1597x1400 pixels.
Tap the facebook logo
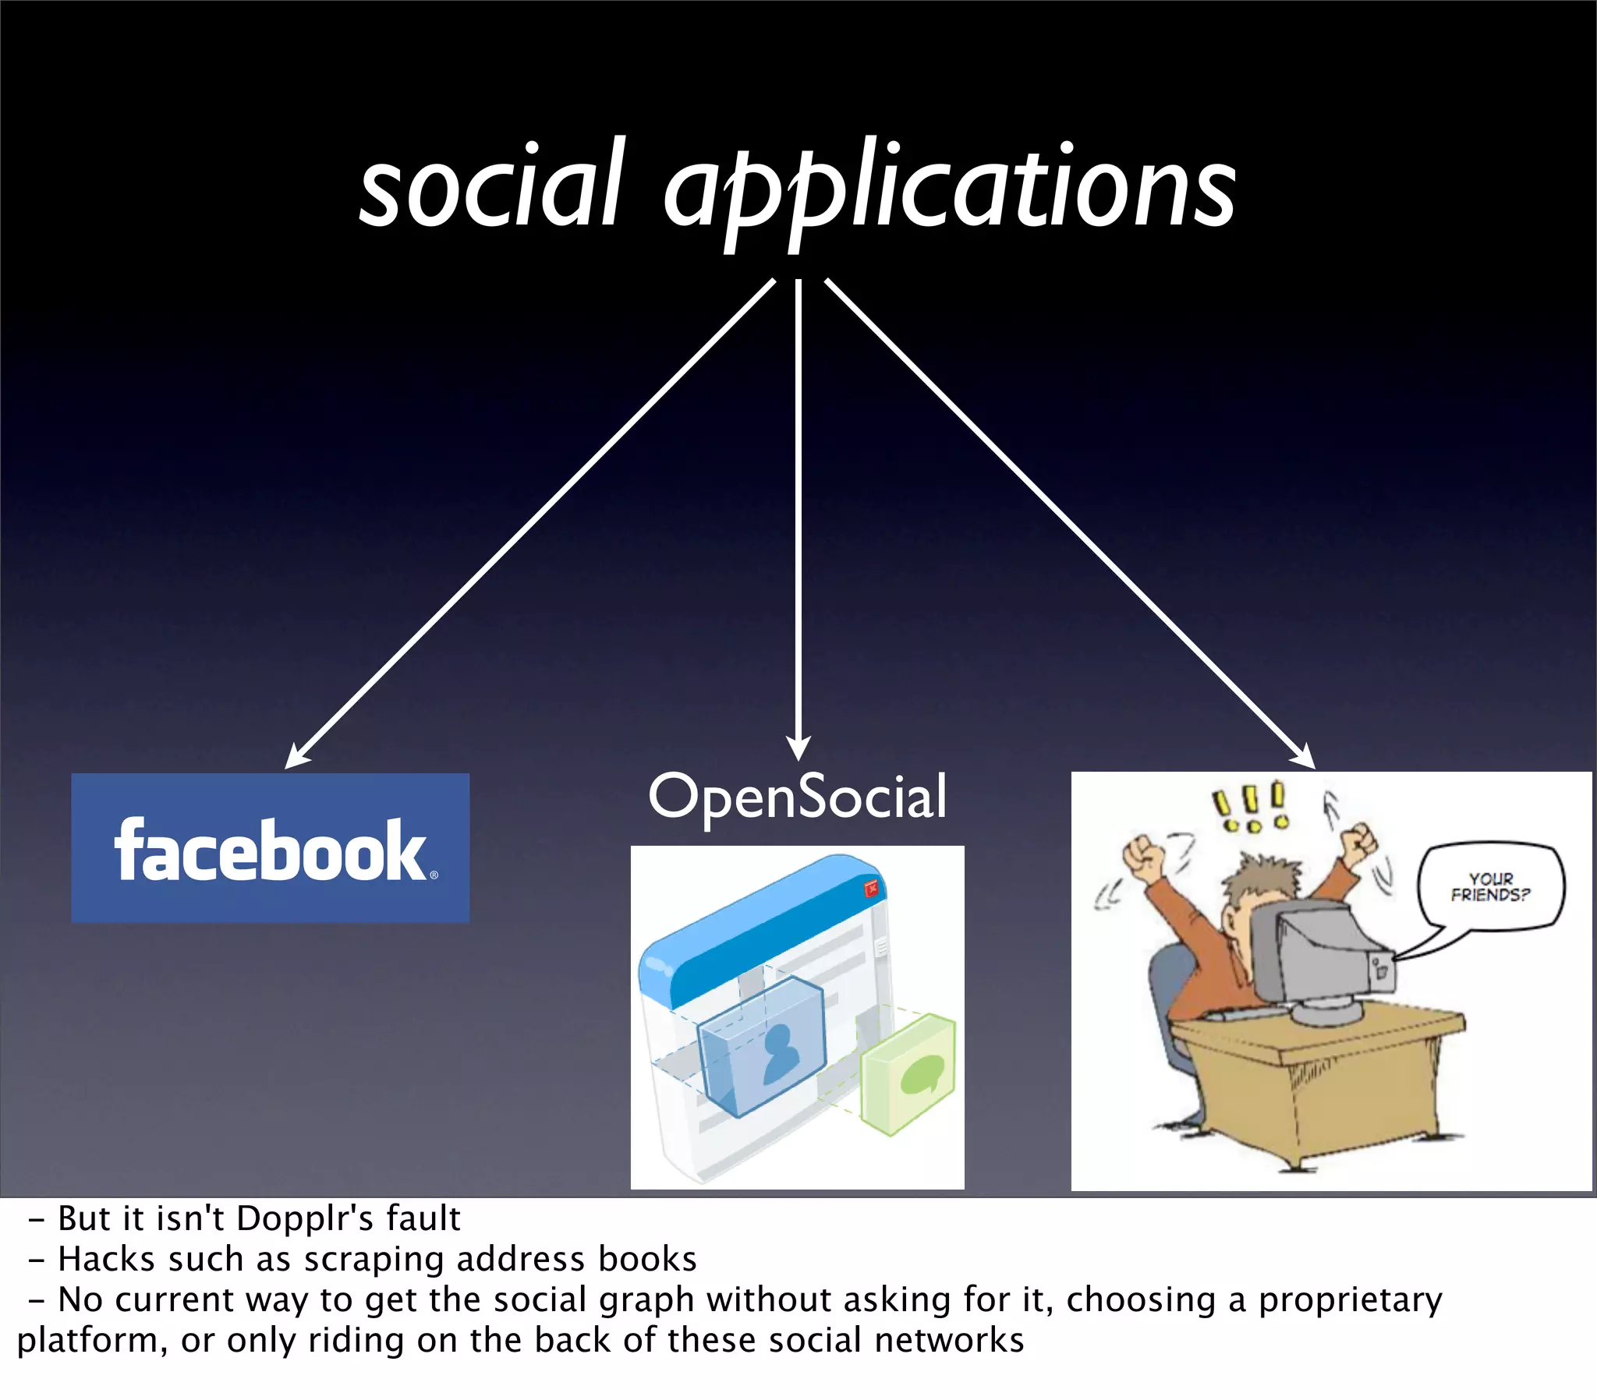tap(271, 847)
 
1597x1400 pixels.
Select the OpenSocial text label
tap(798, 797)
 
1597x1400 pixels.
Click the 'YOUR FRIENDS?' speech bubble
tap(1490, 887)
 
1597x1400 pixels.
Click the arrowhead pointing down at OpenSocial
tap(798, 748)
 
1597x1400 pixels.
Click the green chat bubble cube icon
tap(908, 1074)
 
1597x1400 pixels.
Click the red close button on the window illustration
tap(870, 889)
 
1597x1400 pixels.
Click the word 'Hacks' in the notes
tap(106, 1260)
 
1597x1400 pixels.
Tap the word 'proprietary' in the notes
tap(1350, 1300)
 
